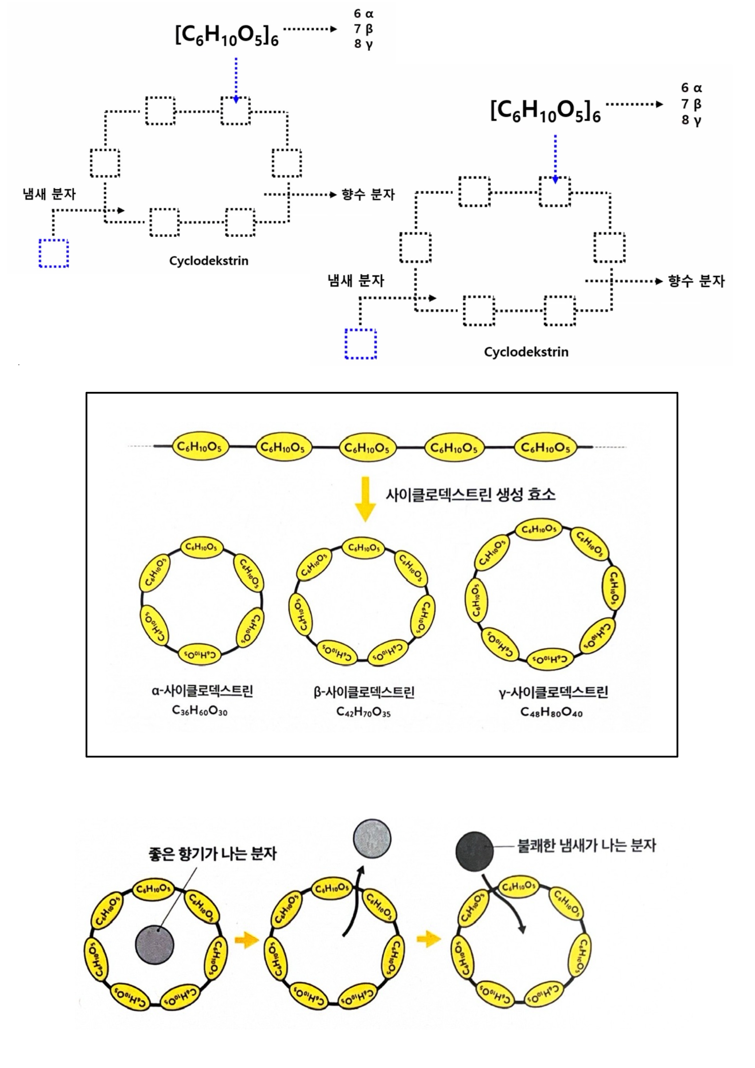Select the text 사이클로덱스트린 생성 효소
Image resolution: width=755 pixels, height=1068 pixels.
pyautogui.click(x=470, y=494)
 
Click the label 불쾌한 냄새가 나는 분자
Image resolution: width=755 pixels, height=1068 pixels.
pyautogui.click(x=587, y=845)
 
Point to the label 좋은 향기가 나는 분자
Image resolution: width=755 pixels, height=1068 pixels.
pyautogui.click(x=212, y=854)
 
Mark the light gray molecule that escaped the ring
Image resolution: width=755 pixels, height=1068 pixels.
pyautogui.click(x=372, y=838)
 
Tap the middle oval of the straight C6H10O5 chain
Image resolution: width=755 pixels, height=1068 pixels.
pyautogui.click(x=367, y=447)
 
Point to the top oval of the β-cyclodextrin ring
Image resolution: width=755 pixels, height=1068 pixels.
pyautogui.click(x=364, y=548)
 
